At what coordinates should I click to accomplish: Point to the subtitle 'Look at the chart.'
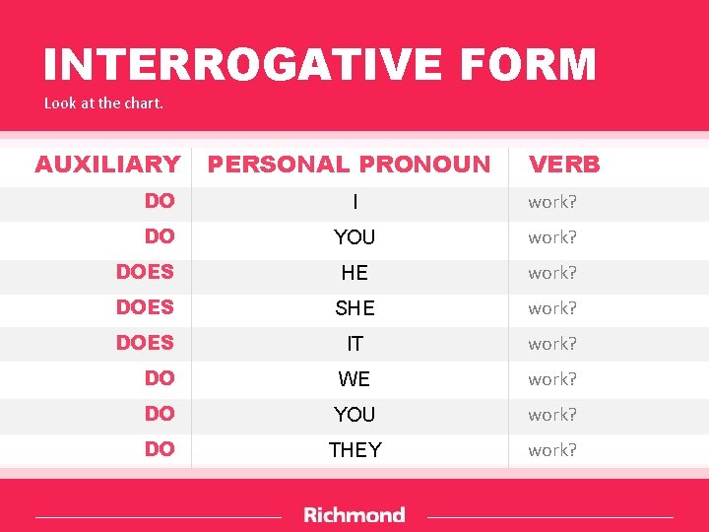pos(103,102)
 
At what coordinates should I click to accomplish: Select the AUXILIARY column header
pos(107,165)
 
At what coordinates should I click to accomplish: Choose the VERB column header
pos(564,165)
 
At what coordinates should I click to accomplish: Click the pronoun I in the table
pos(354,202)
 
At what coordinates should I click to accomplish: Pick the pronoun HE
pos(354,273)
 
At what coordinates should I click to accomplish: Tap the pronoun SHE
pos(354,308)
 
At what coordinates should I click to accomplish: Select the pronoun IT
pos(354,344)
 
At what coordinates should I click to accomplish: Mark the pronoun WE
pos(354,379)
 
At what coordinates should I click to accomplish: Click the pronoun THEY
pos(354,450)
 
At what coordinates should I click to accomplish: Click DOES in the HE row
pos(145,272)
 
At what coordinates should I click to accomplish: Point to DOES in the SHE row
pos(145,307)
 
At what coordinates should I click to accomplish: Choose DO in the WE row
pos(160,378)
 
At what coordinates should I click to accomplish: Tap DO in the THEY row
pos(160,449)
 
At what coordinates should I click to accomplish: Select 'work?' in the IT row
pos(552,344)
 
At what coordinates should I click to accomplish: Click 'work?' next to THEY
pos(552,450)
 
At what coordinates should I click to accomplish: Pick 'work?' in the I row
pos(552,202)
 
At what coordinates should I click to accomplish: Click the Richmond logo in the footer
pos(354,515)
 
